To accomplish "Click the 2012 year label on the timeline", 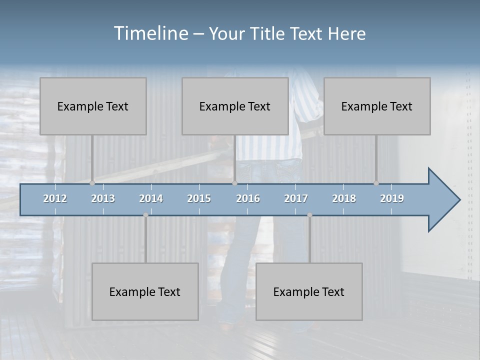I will [x=55, y=198].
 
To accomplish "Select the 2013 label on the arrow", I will [x=103, y=198].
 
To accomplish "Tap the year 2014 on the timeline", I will [x=151, y=198].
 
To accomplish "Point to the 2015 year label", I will [x=199, y=198].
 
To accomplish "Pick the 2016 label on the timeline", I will [x=248, y=198].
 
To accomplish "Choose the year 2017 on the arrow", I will [x=296, y=198].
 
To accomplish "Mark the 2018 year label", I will [x=344, y=198].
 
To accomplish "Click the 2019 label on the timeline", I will [x=392, y=198].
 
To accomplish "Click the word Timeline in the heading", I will [x=150, y=33].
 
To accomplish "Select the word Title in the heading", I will [x=269, y=34].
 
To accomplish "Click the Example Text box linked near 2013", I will [x=93, y=106].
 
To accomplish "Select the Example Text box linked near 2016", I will [x=235, y=106].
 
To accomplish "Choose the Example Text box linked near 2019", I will [x=377, y=106].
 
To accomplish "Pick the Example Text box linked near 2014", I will [x=145, y=291].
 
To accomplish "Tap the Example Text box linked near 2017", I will [x=309, y=291].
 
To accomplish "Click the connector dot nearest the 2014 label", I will [x=145, y=215].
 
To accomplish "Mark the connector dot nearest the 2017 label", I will [x=309, y=215].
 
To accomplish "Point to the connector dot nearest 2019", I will [x=376, y=183].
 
